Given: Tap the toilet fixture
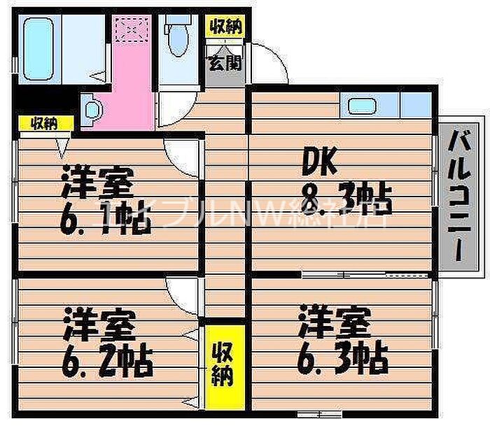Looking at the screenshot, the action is click(x=177, y=38).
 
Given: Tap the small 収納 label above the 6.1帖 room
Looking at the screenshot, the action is click(x=44, y=124).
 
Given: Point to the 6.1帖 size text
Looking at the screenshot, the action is click(x=105, y=219).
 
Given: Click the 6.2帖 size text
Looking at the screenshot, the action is click(x=108, y=360).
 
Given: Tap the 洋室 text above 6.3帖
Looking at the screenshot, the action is click(x=335, y=325).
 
